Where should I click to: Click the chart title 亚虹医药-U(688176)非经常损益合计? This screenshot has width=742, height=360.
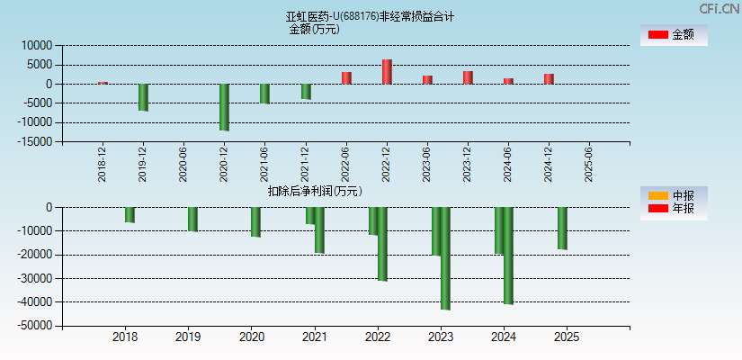(x=370, y=16)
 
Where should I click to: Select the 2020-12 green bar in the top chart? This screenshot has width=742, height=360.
(x=224, y=107)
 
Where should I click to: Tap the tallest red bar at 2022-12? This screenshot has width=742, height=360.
(x=387, y=72)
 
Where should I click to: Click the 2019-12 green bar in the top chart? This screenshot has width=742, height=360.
(x=143, y=97)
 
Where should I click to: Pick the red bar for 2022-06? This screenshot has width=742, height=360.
(x=346, y=78)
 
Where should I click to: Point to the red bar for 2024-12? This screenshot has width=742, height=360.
(x=549, y=79)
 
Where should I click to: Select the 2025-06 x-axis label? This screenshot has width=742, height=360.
(x=588, y=165)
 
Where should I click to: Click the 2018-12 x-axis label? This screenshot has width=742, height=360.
(x=103, y=165)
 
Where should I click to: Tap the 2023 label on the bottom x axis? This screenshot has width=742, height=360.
(x=441, y=337)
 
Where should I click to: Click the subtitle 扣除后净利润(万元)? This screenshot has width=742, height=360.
(x=315, y=191)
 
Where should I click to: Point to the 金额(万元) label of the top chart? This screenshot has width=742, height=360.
(x=314, y=29)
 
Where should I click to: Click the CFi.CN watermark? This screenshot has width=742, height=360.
(x=720, y=8)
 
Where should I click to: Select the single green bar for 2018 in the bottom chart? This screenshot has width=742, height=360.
(x=130, y=215)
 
